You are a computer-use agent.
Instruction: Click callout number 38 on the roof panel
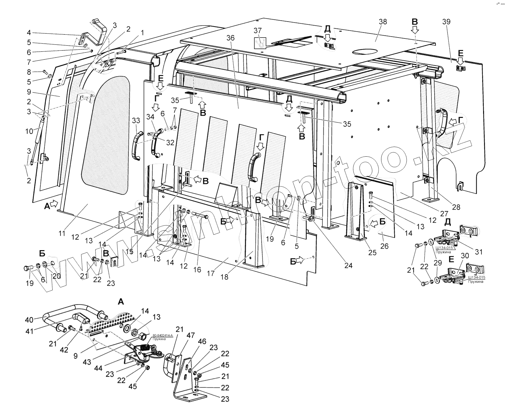[x=383, y=22]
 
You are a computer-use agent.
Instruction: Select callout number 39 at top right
[x=446, y=22]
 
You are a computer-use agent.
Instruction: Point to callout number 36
[x=231, y=38]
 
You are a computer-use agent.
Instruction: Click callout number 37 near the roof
[x=258, y=30]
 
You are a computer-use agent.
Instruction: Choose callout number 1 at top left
[x=142, y=32]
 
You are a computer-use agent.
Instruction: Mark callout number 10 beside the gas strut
[x=29, y=131]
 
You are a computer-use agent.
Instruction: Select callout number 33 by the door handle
[x=136, y=120]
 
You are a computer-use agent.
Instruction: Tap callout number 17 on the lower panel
[x=211, y=273]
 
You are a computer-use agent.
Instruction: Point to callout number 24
[x=348, y=265]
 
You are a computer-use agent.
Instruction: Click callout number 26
[x=384, y=246]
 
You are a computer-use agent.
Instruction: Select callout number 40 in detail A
[x=29, y=320]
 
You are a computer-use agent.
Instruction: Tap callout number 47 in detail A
[x=191, y=336]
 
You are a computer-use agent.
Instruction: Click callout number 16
[x=197, y=270]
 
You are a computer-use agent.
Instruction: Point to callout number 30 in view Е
[x=465, y=255]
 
